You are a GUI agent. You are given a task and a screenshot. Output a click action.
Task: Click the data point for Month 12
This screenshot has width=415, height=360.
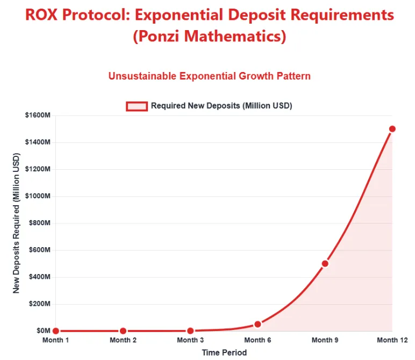click(392, 129)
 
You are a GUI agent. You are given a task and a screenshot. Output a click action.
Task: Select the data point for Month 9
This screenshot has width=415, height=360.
click(325, 263)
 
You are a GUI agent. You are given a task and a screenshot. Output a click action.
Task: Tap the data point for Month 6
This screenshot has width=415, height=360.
click(257, 324)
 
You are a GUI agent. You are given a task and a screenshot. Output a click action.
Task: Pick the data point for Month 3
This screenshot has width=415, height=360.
click(190, 331)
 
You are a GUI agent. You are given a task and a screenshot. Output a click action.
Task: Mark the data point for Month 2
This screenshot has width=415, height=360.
click(123, 331)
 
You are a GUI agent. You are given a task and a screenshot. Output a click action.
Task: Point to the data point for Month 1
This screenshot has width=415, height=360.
click(56, 331)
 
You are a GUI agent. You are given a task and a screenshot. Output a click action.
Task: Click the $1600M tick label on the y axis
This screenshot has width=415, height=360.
click(38, 116)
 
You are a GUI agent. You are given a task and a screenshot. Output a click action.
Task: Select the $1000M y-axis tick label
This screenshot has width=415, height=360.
click(38, 196)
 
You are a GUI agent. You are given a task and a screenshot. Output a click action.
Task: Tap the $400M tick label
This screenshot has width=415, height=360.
click(39, 277)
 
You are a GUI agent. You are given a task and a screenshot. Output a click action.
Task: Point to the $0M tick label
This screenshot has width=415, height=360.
click(42, 331)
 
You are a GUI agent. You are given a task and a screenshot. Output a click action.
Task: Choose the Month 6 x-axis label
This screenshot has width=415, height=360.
click(257, 340)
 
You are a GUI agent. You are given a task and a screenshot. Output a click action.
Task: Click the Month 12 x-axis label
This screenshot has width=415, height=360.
click(392, 340)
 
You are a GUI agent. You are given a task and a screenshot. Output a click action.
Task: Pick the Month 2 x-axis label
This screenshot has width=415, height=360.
click(123, 340)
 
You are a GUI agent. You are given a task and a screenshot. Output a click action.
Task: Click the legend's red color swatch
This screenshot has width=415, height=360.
click(137, 106)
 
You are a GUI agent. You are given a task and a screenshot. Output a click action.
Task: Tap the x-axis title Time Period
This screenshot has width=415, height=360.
click(224, 352)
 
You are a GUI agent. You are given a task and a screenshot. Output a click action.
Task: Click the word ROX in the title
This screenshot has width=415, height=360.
click(41, 15)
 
